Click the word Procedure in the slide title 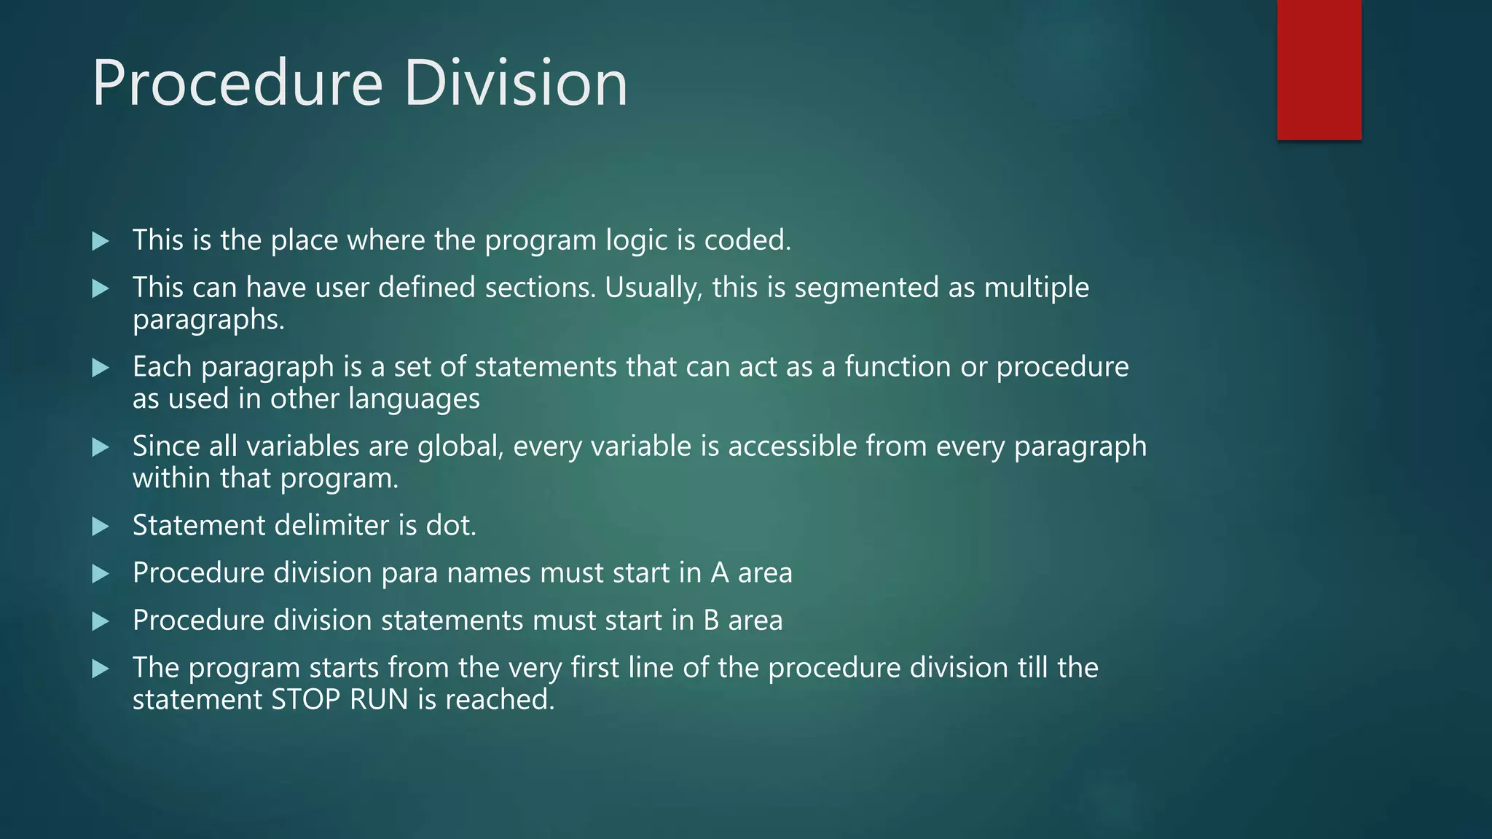(x=237, y=84)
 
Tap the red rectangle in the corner (x=1319, y=69)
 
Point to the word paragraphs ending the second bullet (x=208, y=320)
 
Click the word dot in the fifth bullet (x=450, y=526)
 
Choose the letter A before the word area (x=720, y=573)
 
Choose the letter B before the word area (x=711, y=621)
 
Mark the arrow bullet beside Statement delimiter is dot (x=101, y=527)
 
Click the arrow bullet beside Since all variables (x=101, y=447)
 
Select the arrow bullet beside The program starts (x=101, y=669)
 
